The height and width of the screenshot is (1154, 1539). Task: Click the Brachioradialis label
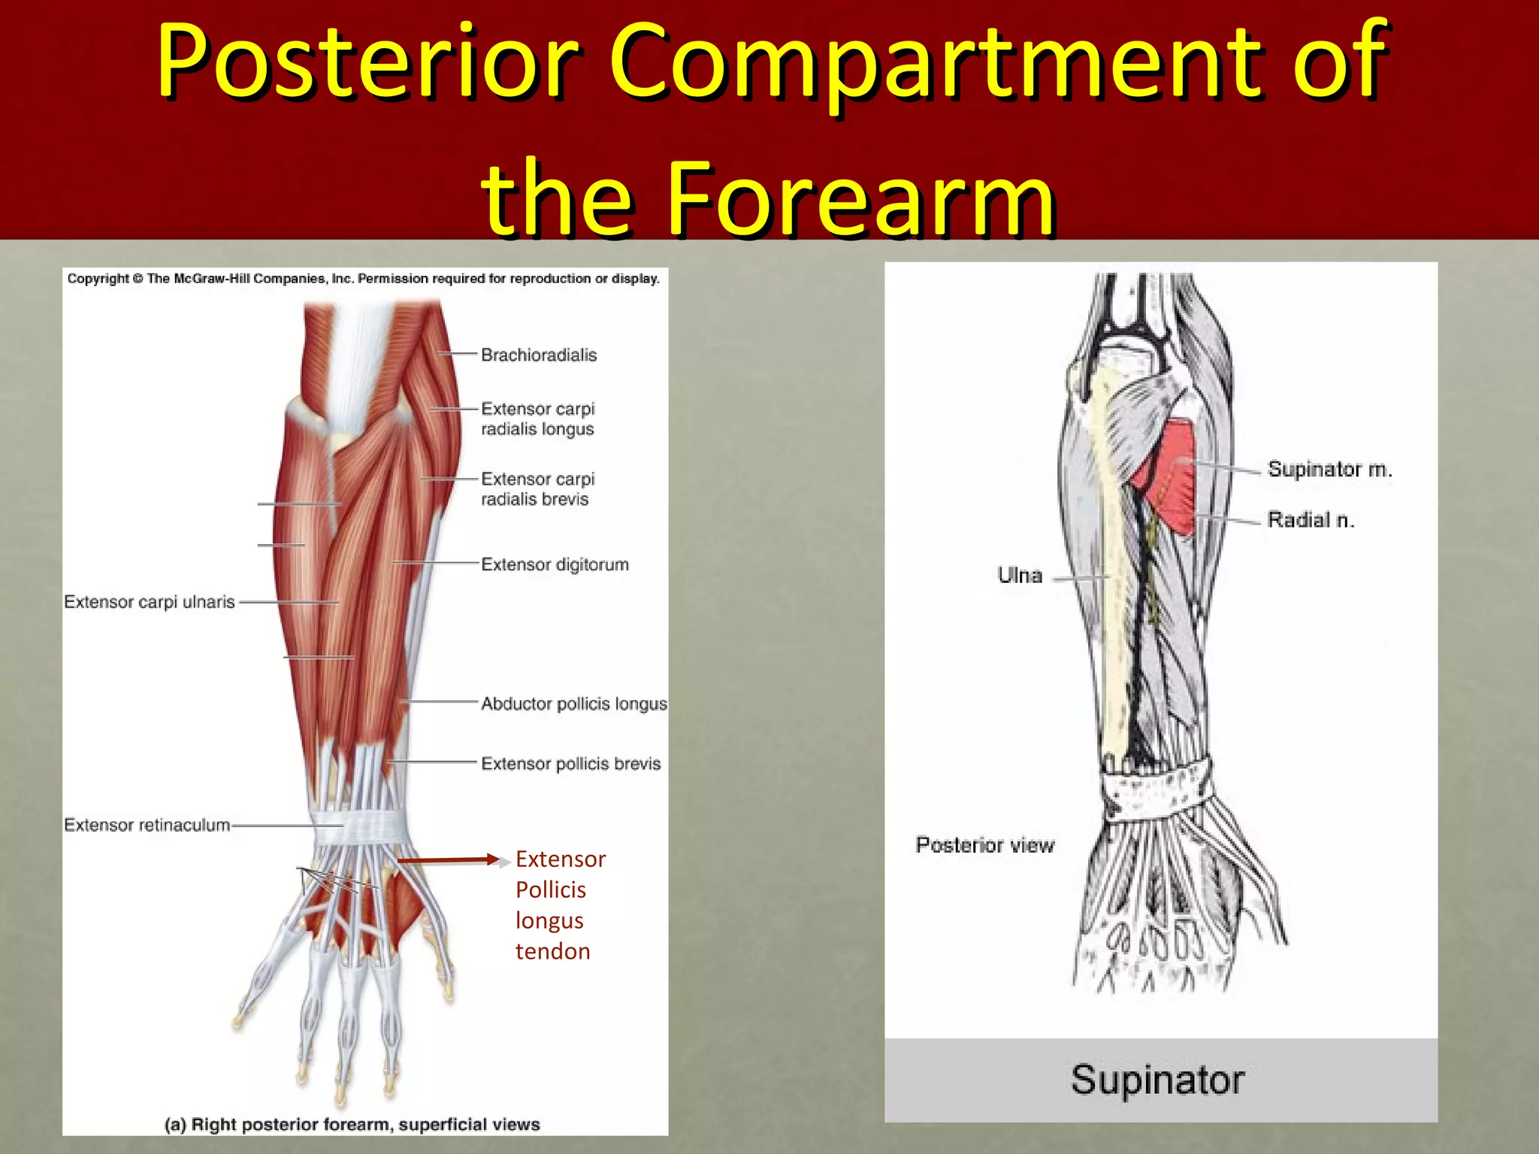[x=538, y=355]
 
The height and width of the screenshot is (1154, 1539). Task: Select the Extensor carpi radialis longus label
[x=537, y=418]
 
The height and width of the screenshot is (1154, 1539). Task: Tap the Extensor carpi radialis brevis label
[x=537, y=488]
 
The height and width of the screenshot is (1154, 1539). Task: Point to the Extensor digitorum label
[x=555, y=564]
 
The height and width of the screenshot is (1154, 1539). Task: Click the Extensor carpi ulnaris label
[x=150, y=602]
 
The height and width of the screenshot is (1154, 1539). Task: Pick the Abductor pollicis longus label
[x=573, y=703]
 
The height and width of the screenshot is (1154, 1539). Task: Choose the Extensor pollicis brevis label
[x=570, y=763]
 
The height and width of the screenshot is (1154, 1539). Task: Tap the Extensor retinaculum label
[x=147, y=825]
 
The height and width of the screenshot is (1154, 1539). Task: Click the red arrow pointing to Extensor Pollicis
[x=448, y=859]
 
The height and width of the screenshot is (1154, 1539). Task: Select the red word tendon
[x=552, y=951]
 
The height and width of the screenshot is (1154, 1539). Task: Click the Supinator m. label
[x=1329, y=469]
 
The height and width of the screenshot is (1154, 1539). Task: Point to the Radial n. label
[x=1311, y=519]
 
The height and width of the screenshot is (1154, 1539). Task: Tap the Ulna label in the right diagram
[x=1020, y=575]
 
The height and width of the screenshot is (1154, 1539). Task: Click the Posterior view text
[x=984, y=844]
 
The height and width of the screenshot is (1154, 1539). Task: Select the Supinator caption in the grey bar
[x=1157, y=1080]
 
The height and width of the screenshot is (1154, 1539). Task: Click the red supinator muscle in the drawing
[x=1169, y=473]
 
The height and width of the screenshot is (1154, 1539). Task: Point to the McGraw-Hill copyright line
[x=363, y=279]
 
